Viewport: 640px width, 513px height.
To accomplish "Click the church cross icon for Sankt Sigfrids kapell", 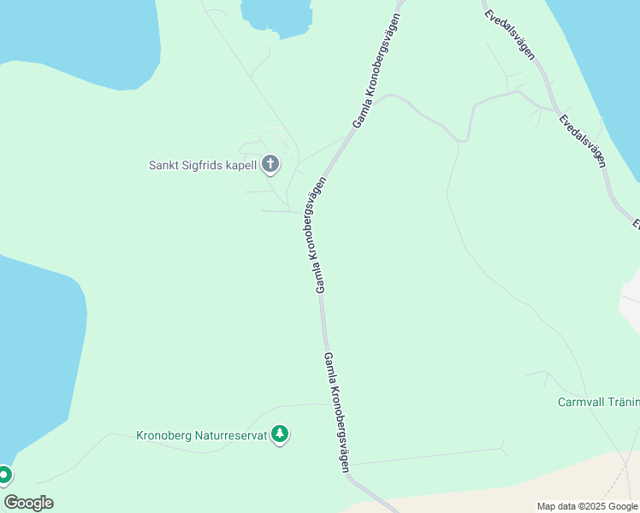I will (x=270, y=164).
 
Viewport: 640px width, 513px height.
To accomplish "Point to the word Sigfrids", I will (x=203, y=165).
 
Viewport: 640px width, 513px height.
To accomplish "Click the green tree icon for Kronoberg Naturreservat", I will (x=279, y=435).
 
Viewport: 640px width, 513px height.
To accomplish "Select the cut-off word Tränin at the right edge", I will (x=626, y=402).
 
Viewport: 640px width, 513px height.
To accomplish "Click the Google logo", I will (x=28, y=503).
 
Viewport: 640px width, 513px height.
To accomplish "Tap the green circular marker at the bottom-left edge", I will (x=4, y=475).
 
